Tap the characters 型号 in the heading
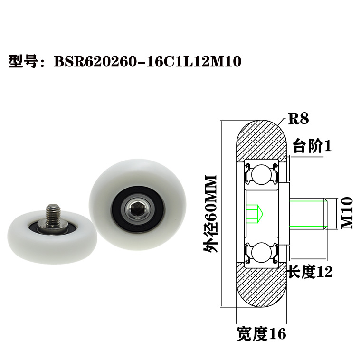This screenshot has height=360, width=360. click(x=23, y=62)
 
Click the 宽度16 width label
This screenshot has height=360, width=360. click(x=262, y=334)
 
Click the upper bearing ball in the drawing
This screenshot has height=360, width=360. click(x=261, y=174)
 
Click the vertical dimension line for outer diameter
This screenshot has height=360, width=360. click(x=222, y=213)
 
